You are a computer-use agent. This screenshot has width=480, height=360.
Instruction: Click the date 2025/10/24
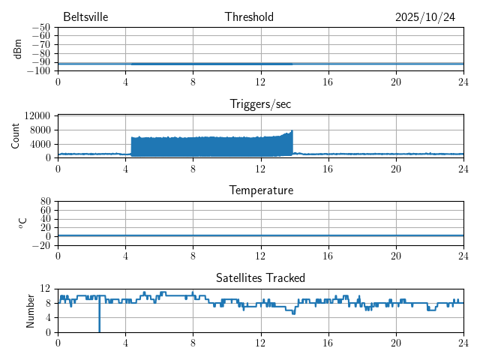point(425,17)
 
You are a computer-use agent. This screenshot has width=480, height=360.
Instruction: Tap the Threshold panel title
point(249,17)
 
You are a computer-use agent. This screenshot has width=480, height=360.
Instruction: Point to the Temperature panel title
point(260,190)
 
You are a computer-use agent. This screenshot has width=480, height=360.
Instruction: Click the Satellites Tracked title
point(260,278)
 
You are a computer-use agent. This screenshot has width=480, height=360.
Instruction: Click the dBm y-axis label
point(17,49)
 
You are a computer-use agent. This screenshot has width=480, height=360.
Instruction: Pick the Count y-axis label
point(17,136)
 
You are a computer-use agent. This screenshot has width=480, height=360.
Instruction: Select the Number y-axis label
point(31,310)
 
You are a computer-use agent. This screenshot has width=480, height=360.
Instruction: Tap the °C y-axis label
point(23,223)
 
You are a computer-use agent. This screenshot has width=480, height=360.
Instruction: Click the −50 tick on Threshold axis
point(41,28)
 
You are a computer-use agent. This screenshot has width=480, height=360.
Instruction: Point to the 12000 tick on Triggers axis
point(37,115)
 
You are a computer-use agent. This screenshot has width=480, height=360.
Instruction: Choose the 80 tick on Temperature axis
point(46,202)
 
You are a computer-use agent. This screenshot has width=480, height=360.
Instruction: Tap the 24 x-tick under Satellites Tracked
point(463,343)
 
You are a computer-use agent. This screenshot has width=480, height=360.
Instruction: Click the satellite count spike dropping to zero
point(99,328)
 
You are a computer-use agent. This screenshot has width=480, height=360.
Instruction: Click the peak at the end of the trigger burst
point(292,132)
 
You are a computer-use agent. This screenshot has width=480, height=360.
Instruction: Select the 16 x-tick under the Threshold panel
point(328,81)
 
